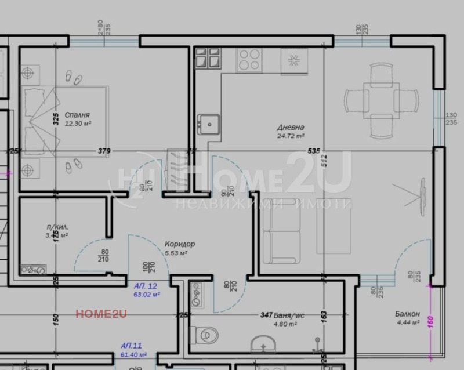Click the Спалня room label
[x=77, y=115]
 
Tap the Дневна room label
[x=291, y=128]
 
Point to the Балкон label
[x=407, y=314]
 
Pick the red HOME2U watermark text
[x=101, y=314]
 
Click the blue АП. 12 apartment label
[x=146, y=286]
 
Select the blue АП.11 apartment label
[x=132, y=345]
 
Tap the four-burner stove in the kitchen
[x=249, y=59]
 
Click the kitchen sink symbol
[x=208, y=123]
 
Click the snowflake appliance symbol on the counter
[x=293, y=60]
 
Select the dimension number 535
[x=314, y=151]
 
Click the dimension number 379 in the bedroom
[x=104, y=151]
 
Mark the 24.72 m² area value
[x=291, y=136]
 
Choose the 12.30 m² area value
[x=78, y=124]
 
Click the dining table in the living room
[x=381, y=99]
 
